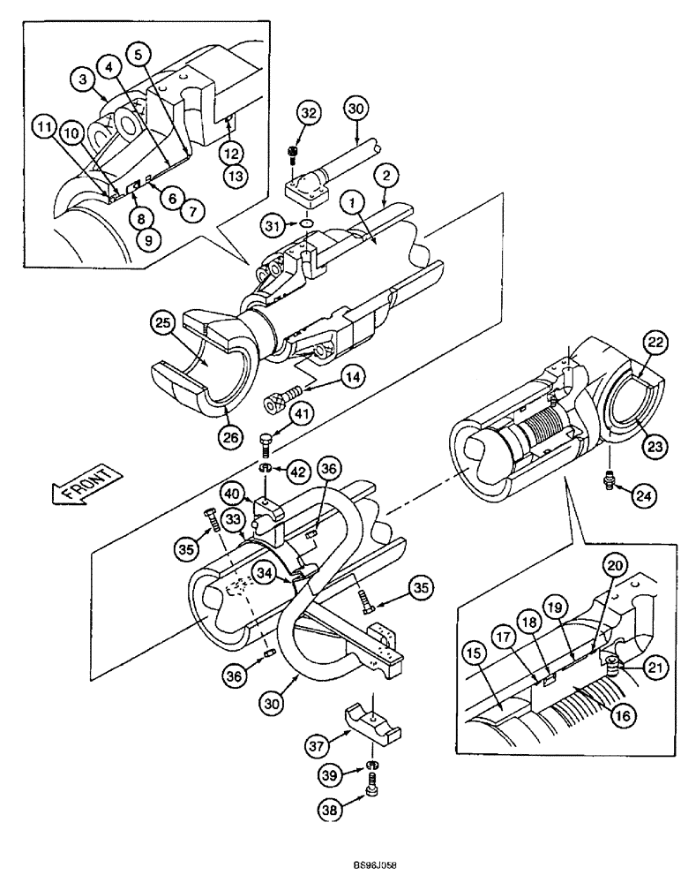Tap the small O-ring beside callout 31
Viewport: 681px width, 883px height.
coord(305,225)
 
